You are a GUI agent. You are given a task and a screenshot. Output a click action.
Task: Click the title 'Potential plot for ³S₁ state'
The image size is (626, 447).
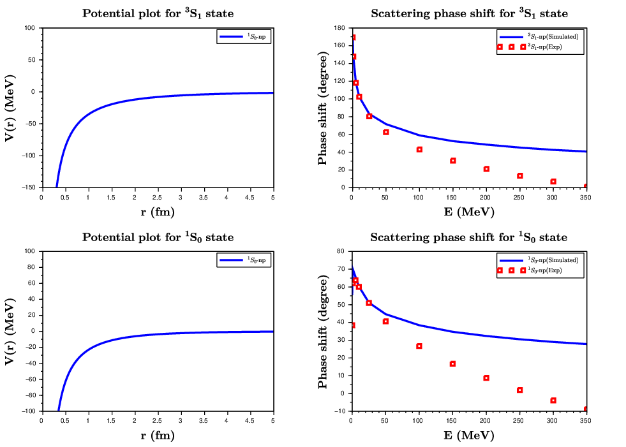pos(158,13)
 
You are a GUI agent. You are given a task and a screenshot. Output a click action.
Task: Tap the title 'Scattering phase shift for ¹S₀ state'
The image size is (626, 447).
pos(468,237)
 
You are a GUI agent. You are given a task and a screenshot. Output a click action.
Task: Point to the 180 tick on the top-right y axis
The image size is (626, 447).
pos(343,28)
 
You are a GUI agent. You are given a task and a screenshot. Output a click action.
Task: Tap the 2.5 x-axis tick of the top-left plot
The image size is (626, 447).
pos(158,197)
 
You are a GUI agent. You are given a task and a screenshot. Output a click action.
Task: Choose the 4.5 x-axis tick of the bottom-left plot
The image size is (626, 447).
pos(250,421)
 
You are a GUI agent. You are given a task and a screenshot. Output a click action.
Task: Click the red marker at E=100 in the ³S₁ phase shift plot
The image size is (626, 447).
pos(419,150)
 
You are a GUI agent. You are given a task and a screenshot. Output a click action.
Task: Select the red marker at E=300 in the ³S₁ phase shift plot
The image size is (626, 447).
pos(553,182)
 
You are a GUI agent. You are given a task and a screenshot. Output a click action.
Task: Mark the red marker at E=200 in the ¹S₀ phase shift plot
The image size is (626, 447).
pos(486,378)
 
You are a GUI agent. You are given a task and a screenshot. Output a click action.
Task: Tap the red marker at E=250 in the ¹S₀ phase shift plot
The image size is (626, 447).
pos(519,390)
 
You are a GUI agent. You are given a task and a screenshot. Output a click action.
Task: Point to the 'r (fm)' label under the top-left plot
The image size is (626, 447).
pos(158,212)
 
